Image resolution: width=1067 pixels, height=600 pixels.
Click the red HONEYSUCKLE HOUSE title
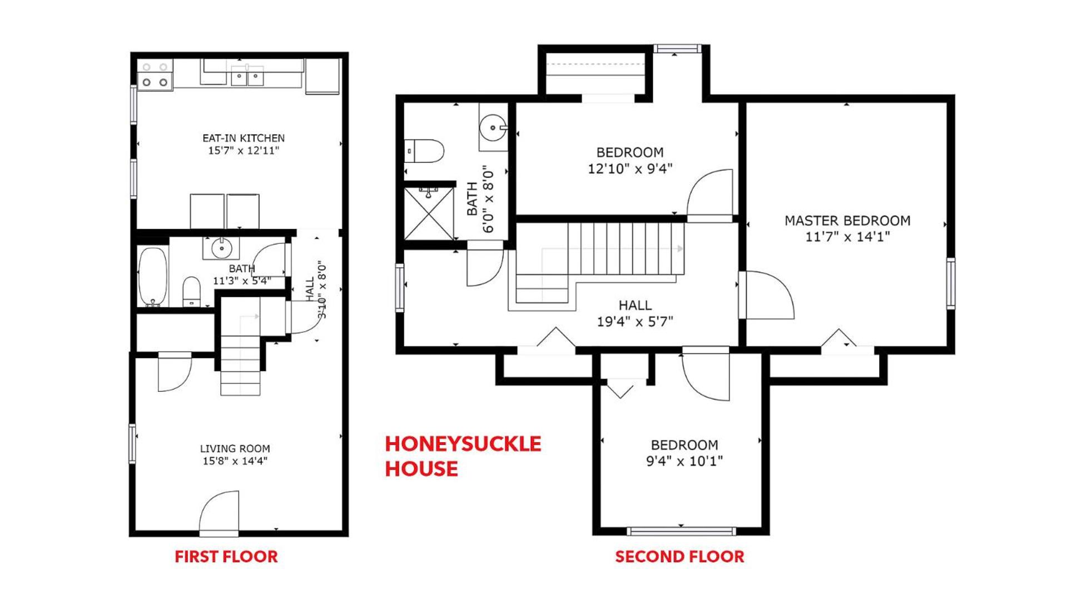pos(463,456)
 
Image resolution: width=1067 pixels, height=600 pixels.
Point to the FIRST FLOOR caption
pos(226,557)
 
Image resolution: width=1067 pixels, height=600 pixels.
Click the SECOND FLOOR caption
pos(679,557)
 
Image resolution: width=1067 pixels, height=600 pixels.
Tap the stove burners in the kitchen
pos(155,75)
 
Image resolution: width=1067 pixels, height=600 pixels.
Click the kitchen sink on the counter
pos(247,75)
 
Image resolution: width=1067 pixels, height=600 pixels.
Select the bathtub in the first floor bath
pos(153,277)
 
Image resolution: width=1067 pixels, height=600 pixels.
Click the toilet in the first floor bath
pos(191,292)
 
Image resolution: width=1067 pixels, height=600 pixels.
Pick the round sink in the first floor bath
pos(221,248)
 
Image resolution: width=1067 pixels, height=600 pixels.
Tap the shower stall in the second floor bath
pos(429,214)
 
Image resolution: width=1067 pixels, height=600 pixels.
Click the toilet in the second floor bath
pos(424,151)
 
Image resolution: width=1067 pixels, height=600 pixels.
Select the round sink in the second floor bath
pos(493,128)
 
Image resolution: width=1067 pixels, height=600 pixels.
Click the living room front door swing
pos(220,512)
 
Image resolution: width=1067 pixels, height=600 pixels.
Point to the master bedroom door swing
pos(767,295)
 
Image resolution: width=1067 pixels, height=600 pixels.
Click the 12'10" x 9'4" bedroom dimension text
pos(630,168)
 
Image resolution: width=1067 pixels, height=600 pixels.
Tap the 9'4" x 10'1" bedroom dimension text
pos(684,461)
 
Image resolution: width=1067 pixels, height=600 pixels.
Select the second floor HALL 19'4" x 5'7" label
pos(635,313)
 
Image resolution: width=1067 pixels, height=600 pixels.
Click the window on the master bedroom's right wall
pos(951,283)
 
